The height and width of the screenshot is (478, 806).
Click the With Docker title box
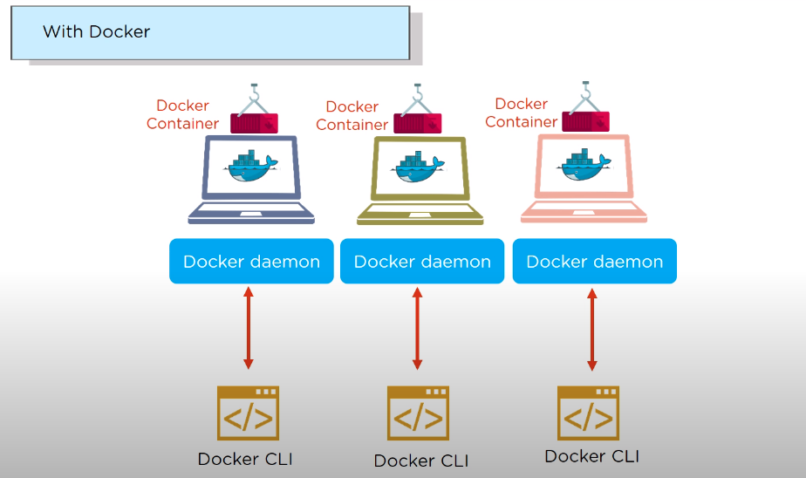tap(210, 32)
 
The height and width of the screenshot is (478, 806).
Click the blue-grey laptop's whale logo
tap(251, 167)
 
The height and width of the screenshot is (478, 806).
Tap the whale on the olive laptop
tap(420, 167)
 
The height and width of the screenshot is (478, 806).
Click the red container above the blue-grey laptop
tap(255, 123)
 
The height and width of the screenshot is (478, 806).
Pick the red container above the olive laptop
tap(417, 123)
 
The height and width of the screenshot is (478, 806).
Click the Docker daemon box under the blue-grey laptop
tap(251, 261)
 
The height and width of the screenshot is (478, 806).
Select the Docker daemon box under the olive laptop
tap(422, 261)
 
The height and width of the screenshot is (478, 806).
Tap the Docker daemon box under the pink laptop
tap(594, 261)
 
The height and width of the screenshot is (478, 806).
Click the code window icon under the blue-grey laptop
tap(248, 413)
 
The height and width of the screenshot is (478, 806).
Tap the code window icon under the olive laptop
tap(417, 413)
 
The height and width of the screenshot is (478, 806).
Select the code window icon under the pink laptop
tap(588, 412)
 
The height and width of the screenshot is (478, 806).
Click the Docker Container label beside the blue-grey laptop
tap(182, 114)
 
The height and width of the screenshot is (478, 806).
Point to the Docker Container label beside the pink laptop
tap(521, 113)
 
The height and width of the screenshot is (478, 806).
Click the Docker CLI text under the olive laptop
tap(420, 461)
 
